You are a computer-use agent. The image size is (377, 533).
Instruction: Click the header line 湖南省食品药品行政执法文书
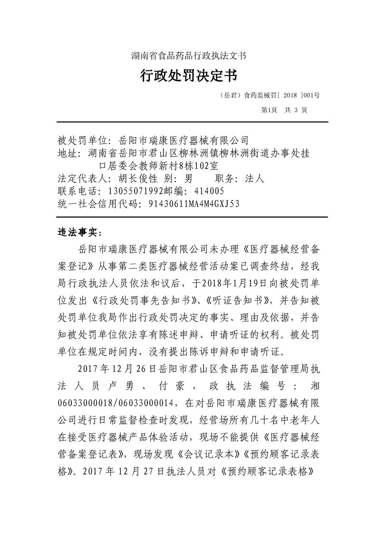(188, 56)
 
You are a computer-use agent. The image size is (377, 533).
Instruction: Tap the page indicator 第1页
(270, 109)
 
